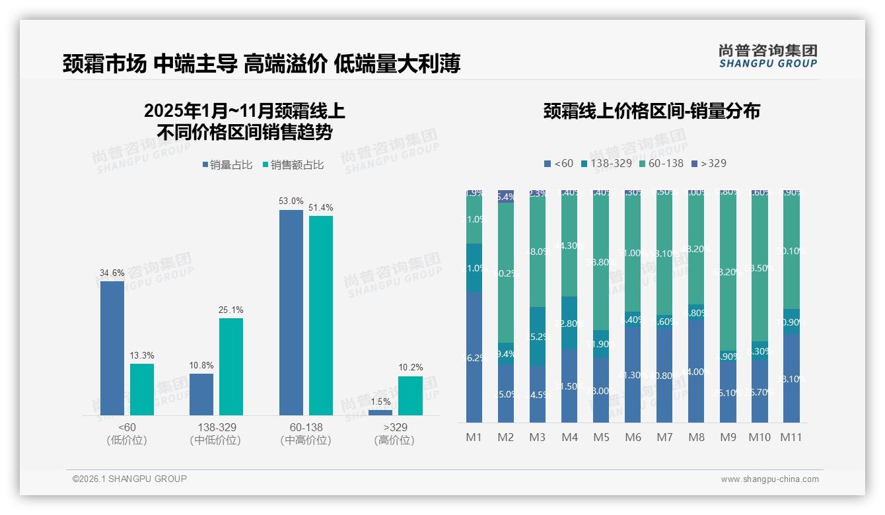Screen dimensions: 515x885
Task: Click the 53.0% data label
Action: pyautogui.click(x=291, y=201)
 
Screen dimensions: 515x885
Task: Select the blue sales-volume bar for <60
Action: pyautogui.click(x=112, y=348)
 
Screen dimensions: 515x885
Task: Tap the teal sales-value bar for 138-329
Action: pyautogui.click(x=231, y=366)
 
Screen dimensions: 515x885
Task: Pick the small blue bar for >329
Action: pyautogui.click(x=380, y=413)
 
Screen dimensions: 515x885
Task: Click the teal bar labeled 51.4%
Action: pyautogui.click(x=321, y=315)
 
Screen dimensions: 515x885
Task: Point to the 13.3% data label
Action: pyautogui.click(x=141, y=355)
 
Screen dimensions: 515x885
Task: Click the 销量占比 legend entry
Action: pyautogui.click(x=227, y=165)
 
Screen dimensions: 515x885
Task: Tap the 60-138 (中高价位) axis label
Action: pyautogui.click(x=306, y=434)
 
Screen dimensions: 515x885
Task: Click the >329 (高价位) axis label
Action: pyautogui.click(x=394, y=434)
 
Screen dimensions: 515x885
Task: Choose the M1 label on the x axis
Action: pyautogui.click(x=474, y=437)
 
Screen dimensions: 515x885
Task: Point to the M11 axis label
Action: pyautogui.click(x=791, y=437)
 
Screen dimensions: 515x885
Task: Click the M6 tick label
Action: pyautogui.click(x=632, y=437)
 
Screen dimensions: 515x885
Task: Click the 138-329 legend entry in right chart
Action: pyautogui.click(x=606, y=163)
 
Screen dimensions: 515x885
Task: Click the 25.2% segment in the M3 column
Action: pyautogui.click(x=538, y=336)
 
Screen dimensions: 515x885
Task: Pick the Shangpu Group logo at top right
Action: pyautogui.click(x=767, y=55)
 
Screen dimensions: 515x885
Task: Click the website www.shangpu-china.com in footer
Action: pyautogui.click(x=769, y=479)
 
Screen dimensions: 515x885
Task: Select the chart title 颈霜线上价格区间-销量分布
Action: pyautogui.click(x=651, y=111)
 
